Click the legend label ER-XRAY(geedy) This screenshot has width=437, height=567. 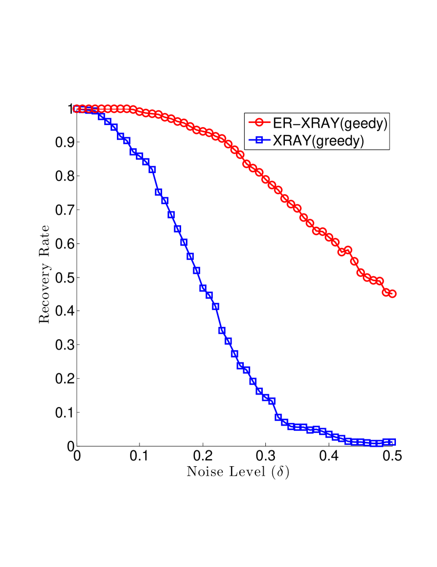(330, 124)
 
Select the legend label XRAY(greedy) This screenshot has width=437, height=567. (318, 140)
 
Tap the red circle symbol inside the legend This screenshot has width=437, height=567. (259, 123)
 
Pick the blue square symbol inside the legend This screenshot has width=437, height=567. (259, 140)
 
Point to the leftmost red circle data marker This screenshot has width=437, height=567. (77, 109)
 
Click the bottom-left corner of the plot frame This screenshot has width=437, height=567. (77, 445)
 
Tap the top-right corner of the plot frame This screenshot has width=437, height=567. (392, 109)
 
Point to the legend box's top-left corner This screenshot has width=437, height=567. (245, 112)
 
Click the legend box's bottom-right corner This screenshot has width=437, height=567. (390, 149)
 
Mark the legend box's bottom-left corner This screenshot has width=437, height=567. (245, 149)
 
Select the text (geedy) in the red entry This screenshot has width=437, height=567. (365, 124)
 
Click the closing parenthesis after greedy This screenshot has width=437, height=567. (362, 141)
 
